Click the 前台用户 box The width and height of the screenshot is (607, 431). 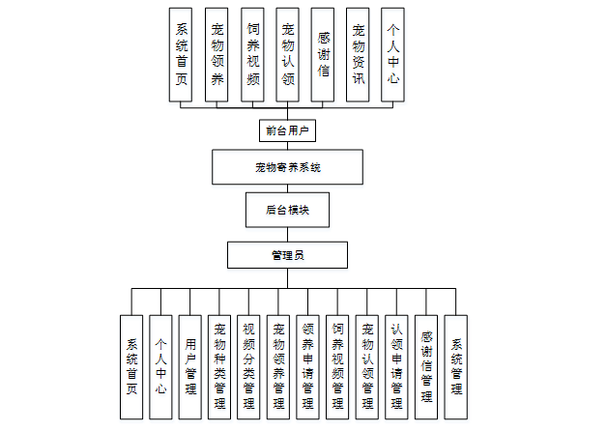click(287, 129)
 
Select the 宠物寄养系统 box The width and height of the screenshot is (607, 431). click(287, 167)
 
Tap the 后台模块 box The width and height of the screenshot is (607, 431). click(287, 209)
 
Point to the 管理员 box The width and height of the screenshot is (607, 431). click(287, 255)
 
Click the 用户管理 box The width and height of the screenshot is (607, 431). click(190, 367)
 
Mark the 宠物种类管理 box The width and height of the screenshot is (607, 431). click(219, 367)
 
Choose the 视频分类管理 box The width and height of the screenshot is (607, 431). click(248, 367)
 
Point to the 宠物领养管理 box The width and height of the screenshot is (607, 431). click(278, 367)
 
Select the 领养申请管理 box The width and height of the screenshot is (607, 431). click(307, 367)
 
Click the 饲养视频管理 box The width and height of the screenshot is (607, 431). click(337, 367)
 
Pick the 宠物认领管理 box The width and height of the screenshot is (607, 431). click(366, 367)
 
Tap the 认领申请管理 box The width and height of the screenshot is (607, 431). click(396, 367)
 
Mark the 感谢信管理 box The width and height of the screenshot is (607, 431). click(425, 367)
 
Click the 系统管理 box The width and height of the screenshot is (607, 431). click(455, 367)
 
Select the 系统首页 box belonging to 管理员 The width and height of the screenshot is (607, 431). click(131, 367)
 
